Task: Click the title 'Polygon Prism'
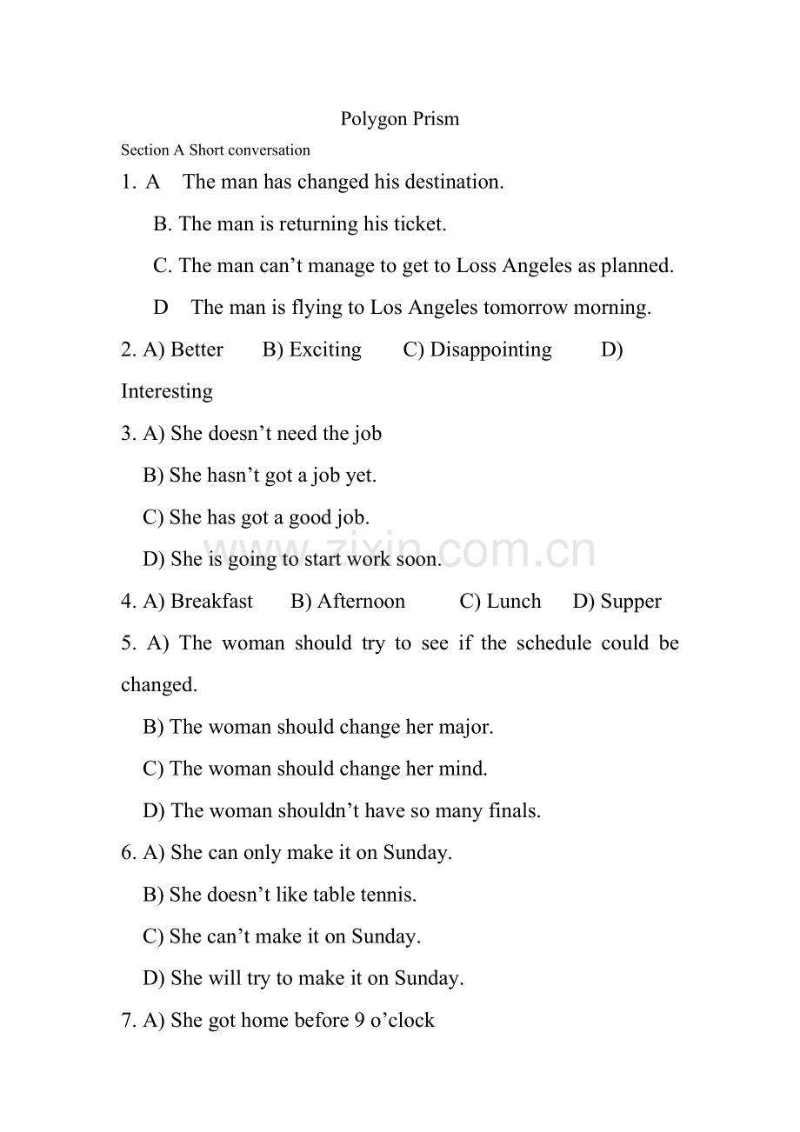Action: point(399,119)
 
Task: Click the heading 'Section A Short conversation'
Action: point(216,150)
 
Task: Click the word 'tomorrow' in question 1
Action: point(525,308)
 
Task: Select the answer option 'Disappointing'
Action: point(490,350)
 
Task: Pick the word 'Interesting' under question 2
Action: point(167,392)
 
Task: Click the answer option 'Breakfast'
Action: point(211,602)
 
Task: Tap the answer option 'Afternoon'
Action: point(361,602)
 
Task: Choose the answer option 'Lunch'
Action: point(513,602)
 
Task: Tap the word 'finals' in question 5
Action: point(514,811)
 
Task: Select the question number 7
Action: point(127,1021)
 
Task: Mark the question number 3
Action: point(127,434)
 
